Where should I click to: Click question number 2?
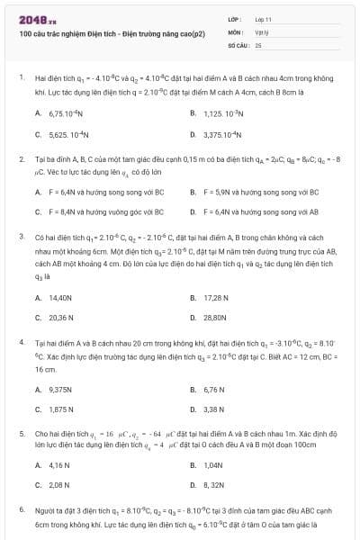(22, 158)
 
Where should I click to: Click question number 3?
(22, 236)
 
